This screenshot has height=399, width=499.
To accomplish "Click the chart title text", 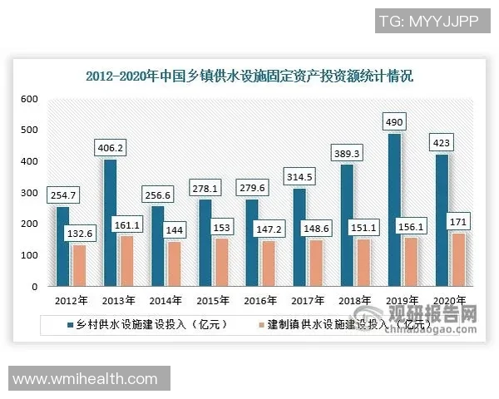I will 250,76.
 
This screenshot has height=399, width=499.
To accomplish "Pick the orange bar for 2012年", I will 79,265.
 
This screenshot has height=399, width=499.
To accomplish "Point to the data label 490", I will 395,121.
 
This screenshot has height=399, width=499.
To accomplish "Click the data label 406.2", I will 111,147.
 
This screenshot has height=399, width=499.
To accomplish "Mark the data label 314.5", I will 299,176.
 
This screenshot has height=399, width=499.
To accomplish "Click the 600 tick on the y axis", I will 30,99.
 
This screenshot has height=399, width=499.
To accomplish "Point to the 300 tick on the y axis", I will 30,193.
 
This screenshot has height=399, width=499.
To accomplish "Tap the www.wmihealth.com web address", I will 86,379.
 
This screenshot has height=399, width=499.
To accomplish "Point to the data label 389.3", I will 348,153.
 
